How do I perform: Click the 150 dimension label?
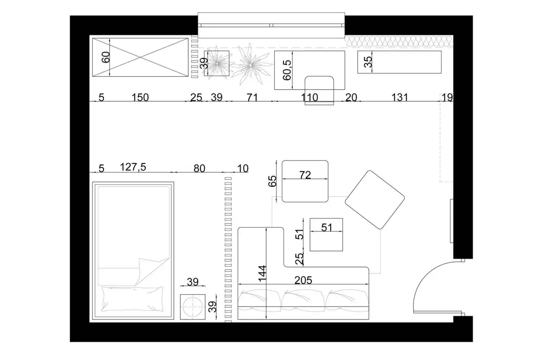tap(140, 97)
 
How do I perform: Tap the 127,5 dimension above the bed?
tap(133, 167)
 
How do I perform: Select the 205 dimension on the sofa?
tap(303, 280)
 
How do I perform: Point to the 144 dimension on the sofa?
tap(262, 273)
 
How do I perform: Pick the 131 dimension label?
tap(399, 97)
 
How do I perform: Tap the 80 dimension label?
tap(200, 169)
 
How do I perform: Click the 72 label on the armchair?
tap(305, 175)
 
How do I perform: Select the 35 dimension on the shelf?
tap(368, 62)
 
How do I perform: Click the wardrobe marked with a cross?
tap(140, 57)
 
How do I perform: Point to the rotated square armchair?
tap(375, 200)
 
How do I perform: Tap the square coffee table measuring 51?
tap(326, 235)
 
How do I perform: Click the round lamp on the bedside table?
tap(193, 307)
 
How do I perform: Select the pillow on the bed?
tap(132, 299)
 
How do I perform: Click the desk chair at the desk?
tap(319, 90)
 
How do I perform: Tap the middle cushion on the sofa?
tap(303, 300)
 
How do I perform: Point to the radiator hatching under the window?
tap(399, 42)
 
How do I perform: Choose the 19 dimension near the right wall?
tap(447, 97)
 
